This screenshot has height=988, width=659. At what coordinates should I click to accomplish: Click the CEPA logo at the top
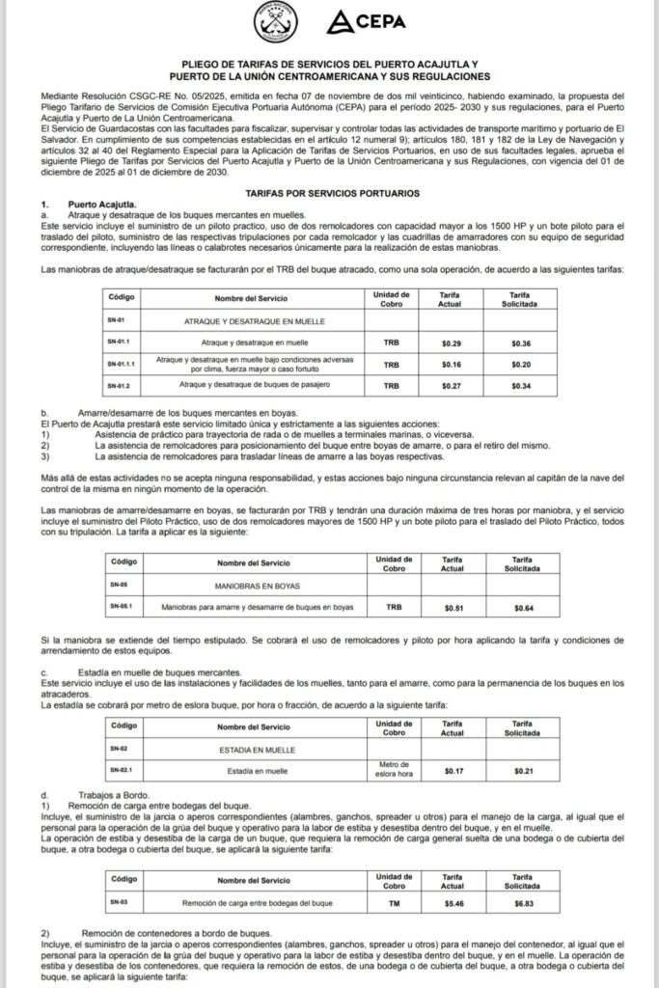point(368,22)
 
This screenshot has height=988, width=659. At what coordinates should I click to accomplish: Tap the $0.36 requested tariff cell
point(520,343)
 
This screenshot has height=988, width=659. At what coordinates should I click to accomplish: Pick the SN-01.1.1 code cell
point(124,365)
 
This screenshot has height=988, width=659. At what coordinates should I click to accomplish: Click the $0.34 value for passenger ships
point(520,386)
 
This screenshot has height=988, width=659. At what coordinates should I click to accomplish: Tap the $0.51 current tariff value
point(453,608)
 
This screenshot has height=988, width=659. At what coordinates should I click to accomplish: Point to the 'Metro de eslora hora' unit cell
point(392,770)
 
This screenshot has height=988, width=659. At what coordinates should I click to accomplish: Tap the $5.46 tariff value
point(453,903)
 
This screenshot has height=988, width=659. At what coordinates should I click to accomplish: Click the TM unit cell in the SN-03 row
point(392,903)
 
